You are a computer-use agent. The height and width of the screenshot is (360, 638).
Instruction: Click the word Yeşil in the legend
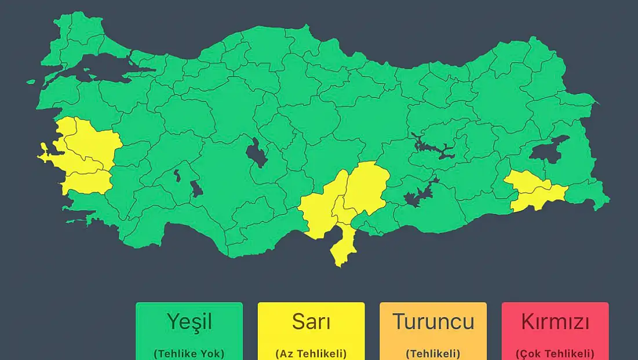(x=189, y=321)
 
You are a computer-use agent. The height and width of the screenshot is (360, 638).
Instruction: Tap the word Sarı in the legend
(x=311, y=321)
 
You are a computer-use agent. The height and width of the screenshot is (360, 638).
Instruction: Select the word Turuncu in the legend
(x=433, y=321)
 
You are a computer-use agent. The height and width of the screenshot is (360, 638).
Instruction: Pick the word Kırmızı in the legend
(x=555, y=321)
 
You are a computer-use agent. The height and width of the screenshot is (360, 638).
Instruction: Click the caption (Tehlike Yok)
(x=189, y=353)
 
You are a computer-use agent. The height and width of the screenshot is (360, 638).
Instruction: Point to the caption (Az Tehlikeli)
(x=311, y=353)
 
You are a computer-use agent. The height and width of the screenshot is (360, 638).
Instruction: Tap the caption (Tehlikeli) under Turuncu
(x=433, y=353)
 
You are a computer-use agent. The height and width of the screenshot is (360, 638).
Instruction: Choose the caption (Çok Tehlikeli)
(x=555, y=353)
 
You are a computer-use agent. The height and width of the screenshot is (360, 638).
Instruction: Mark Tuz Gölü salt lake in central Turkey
(x=257, y=154)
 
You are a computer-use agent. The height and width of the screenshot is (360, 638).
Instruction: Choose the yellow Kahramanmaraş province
(x=366, y=186)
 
